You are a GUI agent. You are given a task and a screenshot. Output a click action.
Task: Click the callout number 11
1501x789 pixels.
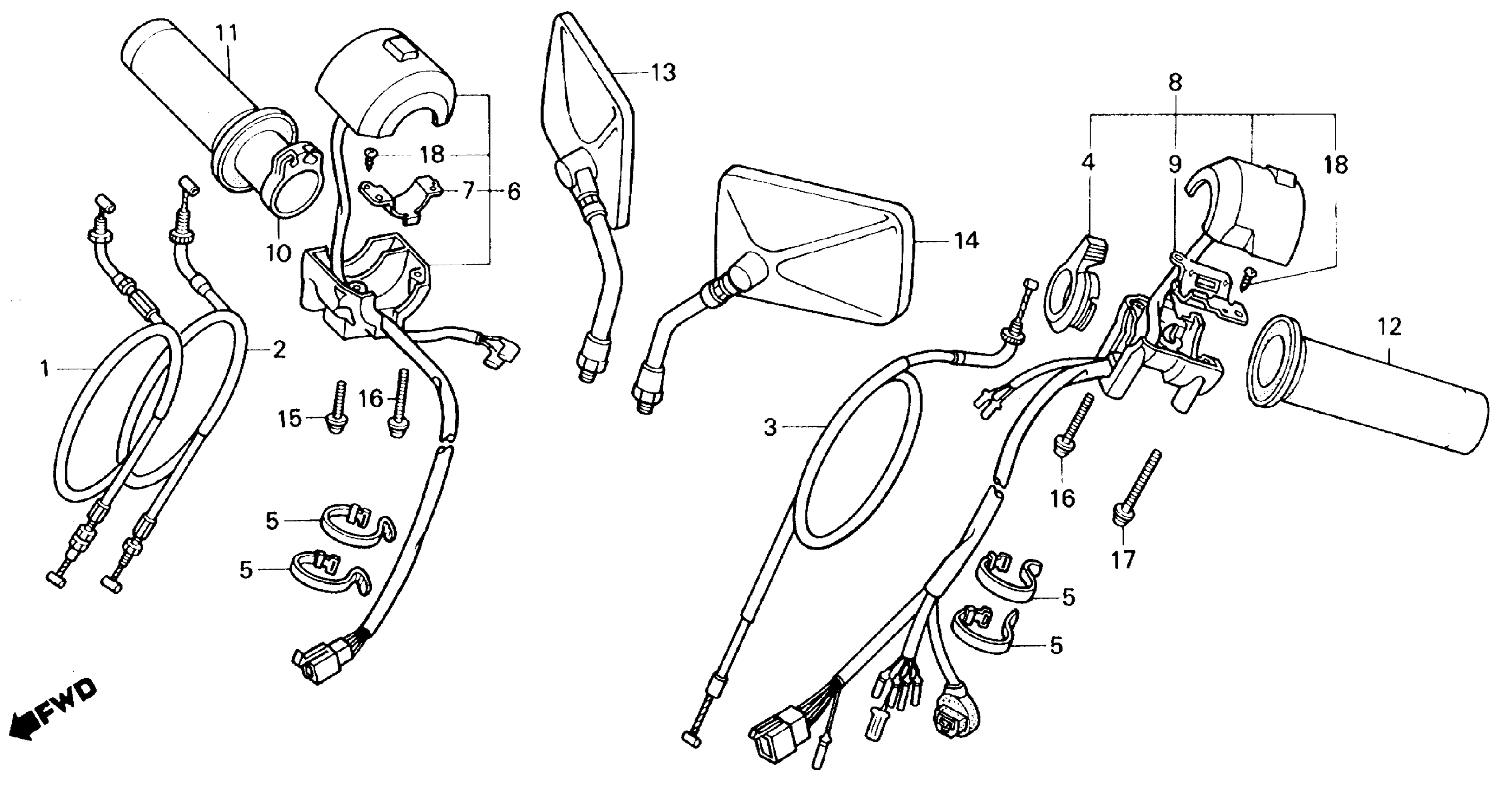coord(227,33)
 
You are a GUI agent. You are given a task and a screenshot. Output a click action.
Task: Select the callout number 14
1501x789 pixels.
coord(966,240)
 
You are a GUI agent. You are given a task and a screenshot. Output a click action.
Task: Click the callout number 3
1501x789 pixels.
coord(770,428)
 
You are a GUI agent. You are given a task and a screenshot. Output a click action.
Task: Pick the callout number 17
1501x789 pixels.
coord(1124,560)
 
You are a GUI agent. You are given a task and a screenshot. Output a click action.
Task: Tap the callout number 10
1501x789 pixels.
coord(279,253)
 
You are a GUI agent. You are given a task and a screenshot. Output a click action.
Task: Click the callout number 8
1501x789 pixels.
coord(1175,83)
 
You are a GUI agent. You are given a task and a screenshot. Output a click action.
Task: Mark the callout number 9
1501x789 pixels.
coord(1175,165)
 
